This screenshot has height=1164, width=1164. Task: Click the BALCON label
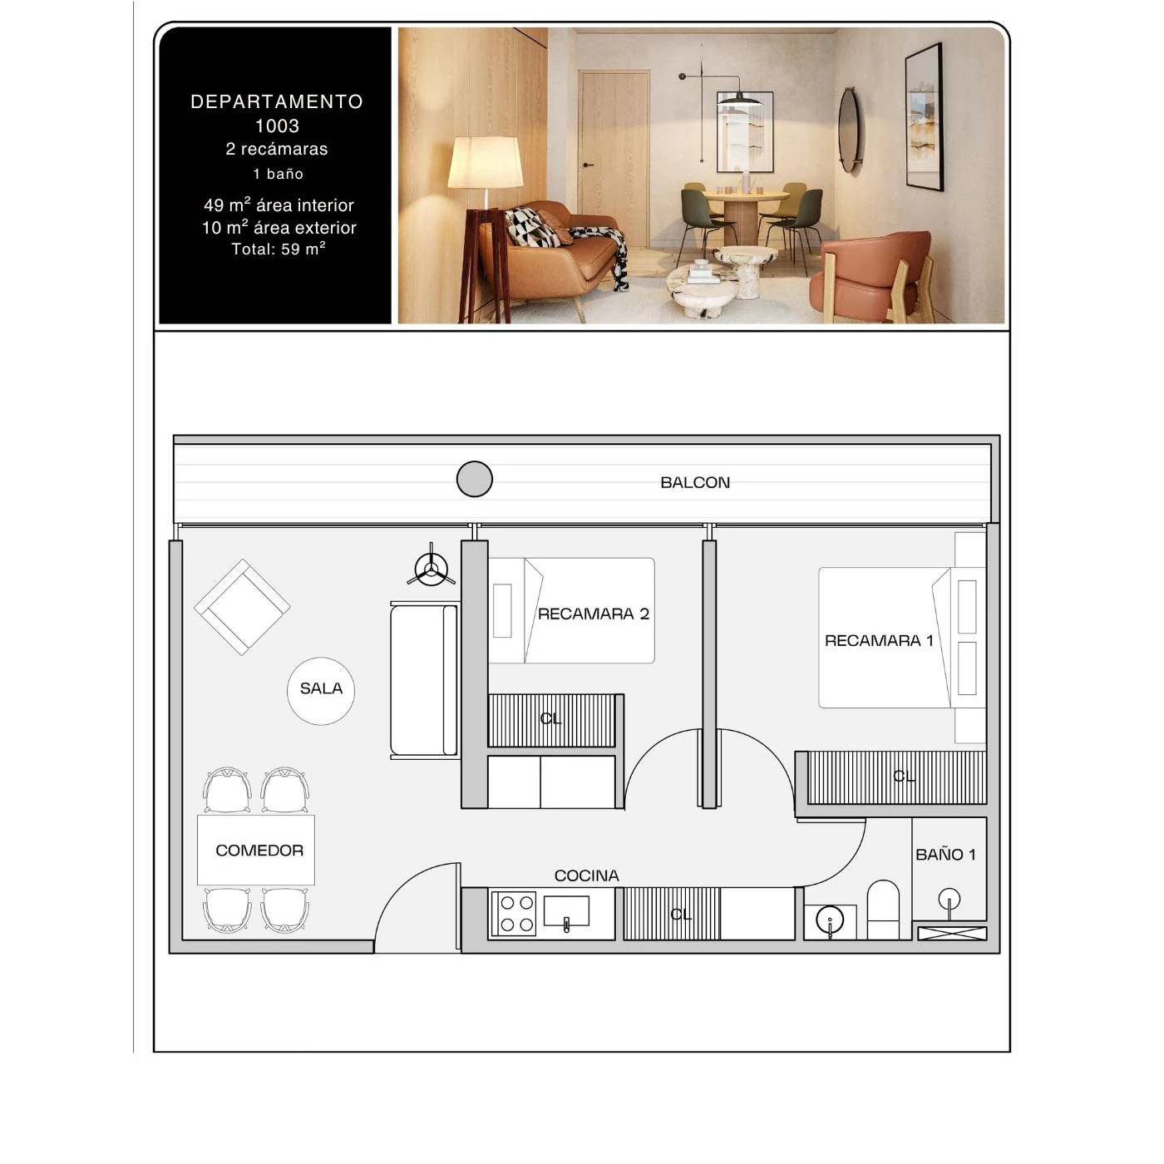point(694,482)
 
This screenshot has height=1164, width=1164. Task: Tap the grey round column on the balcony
point(474,479)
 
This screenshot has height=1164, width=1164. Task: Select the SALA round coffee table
point(321,691)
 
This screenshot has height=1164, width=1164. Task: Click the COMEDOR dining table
point(255,850)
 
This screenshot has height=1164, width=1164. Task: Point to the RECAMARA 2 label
point(593,614)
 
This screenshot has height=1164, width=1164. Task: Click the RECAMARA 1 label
point(879,640)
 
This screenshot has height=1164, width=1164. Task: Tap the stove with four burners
point(514,914)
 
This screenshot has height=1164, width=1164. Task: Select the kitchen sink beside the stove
point(566,911)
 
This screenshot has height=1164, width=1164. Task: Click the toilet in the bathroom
point(883,909)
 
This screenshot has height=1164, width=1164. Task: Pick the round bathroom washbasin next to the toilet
point(830,920)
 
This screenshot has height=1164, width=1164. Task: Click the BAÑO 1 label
point(945,855)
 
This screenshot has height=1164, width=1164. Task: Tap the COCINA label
point(586,875)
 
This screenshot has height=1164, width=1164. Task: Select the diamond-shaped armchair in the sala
point(242,607)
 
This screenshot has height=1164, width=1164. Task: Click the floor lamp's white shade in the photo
point(485,162)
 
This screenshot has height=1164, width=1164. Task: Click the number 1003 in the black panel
point(277,126)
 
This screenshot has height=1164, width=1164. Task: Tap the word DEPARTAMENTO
point(277,101)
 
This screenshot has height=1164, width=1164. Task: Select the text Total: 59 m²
point(279,249)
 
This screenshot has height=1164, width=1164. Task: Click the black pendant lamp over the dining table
point(739,98)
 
